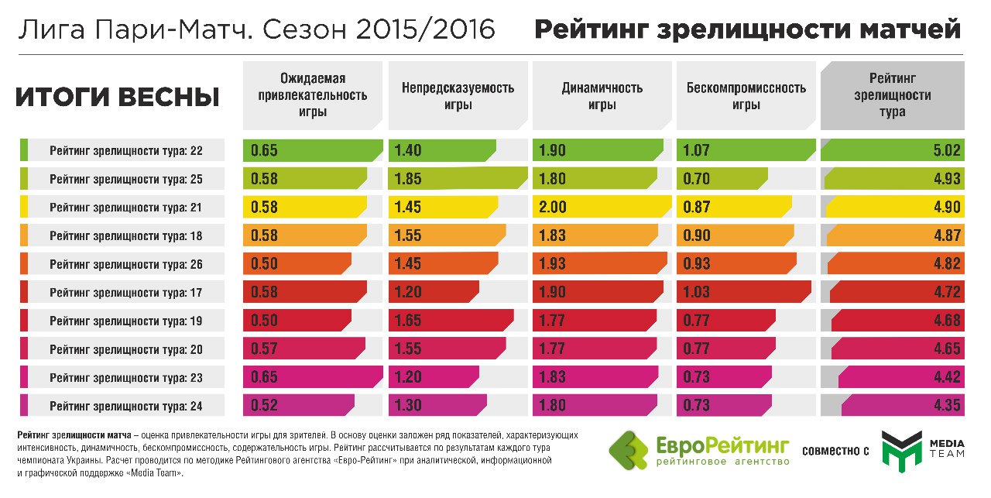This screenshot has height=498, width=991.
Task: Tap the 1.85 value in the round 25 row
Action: (408, 180)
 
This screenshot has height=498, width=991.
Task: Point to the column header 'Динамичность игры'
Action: (602, 96)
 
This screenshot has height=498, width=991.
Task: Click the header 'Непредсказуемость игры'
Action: (458, 96)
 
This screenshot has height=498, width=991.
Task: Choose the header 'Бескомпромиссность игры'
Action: (746, 96)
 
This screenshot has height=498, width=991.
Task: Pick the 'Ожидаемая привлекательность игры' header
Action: (313, 95)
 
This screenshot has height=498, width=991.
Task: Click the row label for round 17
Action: (125, 293)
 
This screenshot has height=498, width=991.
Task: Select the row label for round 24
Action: (125, 406)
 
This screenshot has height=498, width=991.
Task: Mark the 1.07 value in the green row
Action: (696, 151)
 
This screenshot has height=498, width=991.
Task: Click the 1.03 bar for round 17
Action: (743, 293)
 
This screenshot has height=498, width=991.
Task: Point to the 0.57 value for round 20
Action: (264, 349)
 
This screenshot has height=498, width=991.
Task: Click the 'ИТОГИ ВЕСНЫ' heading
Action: (117, 97)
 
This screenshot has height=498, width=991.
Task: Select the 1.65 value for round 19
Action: (408, 321)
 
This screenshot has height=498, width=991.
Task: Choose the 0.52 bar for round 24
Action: (298, 406)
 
